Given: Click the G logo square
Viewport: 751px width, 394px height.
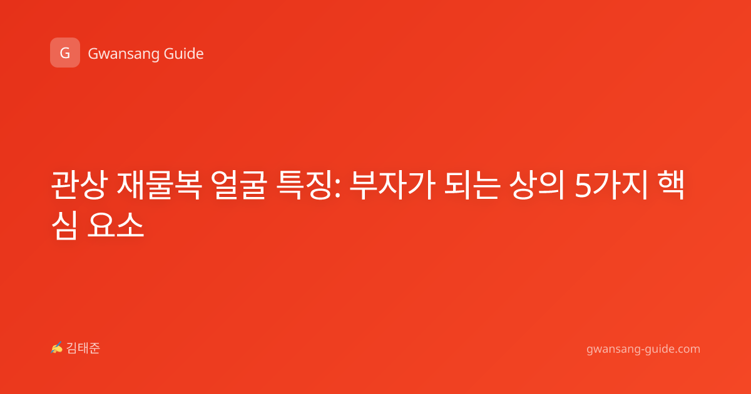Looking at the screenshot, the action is click(65, 53).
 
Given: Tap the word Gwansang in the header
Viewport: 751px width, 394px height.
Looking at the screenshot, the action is click(123, 54).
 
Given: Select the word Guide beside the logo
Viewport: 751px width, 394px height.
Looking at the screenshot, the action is click(184, 54).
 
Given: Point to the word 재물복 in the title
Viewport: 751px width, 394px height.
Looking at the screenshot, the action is click(159, 185).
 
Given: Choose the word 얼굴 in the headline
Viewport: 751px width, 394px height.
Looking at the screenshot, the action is click(239, 185).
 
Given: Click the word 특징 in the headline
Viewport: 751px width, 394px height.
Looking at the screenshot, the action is click(304, 185).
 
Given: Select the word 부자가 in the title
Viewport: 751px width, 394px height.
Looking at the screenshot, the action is click(392, 185).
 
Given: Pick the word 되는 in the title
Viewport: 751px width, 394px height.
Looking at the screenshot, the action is click(472, 185).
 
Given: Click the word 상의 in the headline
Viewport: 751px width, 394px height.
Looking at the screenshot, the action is click(537, 185).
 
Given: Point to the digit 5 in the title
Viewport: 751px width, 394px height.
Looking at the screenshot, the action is click(583, 186).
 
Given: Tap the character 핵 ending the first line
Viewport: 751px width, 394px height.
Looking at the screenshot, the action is click(671, 185).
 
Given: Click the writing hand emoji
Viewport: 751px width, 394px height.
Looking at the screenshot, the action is click(56, 348).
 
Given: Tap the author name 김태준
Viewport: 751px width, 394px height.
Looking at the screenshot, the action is click(83, 348).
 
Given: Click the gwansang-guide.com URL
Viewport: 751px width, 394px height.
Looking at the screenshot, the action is click(643, 349).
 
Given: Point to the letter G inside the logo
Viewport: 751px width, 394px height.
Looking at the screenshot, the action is click(65, 53).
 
